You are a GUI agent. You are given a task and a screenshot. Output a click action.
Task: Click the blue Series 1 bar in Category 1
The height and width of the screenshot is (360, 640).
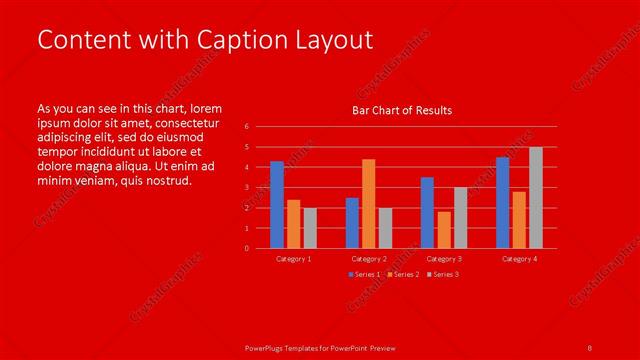[x=277, y=205]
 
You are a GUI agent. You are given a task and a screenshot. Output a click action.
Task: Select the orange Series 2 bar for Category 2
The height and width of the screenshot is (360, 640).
[x=369, y=204]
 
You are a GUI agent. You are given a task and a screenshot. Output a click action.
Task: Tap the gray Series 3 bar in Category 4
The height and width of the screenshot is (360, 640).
[x=536, y=198]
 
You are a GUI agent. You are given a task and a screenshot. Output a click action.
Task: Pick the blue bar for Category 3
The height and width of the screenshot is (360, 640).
[x=427, y=213]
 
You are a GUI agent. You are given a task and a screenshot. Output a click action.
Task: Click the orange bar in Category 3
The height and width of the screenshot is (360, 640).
[x=444, y=230]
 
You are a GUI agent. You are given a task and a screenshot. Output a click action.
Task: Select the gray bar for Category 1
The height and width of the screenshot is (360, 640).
[x=311, y=228]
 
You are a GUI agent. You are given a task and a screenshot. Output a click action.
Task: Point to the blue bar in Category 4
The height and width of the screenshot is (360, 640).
[x=502, y=203]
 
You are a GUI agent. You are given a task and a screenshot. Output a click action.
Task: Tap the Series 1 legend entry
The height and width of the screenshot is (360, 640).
[x=363, y=274]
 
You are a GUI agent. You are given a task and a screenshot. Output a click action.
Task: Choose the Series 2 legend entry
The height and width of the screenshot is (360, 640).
[x=403, y=274]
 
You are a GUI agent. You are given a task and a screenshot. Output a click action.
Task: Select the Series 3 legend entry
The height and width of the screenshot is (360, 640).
[x=443, y=274]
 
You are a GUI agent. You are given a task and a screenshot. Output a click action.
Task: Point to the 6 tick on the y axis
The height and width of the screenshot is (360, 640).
[x=247, y=127]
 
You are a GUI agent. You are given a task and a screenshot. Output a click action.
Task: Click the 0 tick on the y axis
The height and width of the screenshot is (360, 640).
[x=247, y=248]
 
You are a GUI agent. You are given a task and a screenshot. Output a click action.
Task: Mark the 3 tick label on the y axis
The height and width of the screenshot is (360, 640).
[x=247, y=188]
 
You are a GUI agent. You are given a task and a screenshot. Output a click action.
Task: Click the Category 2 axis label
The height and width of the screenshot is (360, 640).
[x=369, y=259]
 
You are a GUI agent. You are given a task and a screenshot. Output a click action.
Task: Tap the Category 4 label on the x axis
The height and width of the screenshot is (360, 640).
[x=519, y=259]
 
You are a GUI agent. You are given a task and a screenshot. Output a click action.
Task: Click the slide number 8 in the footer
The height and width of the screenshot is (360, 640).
[x=590, y=347]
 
